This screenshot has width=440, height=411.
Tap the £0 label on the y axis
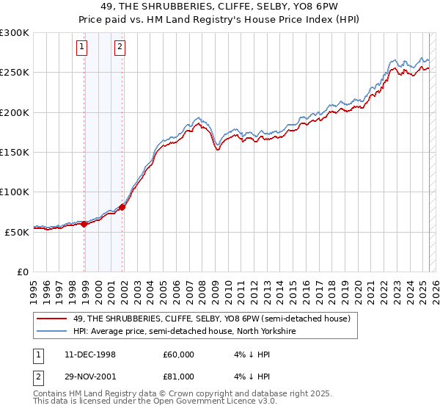(23, 272)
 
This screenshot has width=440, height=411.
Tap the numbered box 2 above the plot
(119, 48)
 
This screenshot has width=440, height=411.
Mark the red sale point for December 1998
(84, 224)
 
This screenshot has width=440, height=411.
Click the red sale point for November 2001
(122, 207)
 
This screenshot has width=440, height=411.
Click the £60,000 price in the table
(178, 354)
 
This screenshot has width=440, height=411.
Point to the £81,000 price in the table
(178, 377)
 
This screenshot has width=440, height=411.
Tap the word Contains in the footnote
(52, 394)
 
